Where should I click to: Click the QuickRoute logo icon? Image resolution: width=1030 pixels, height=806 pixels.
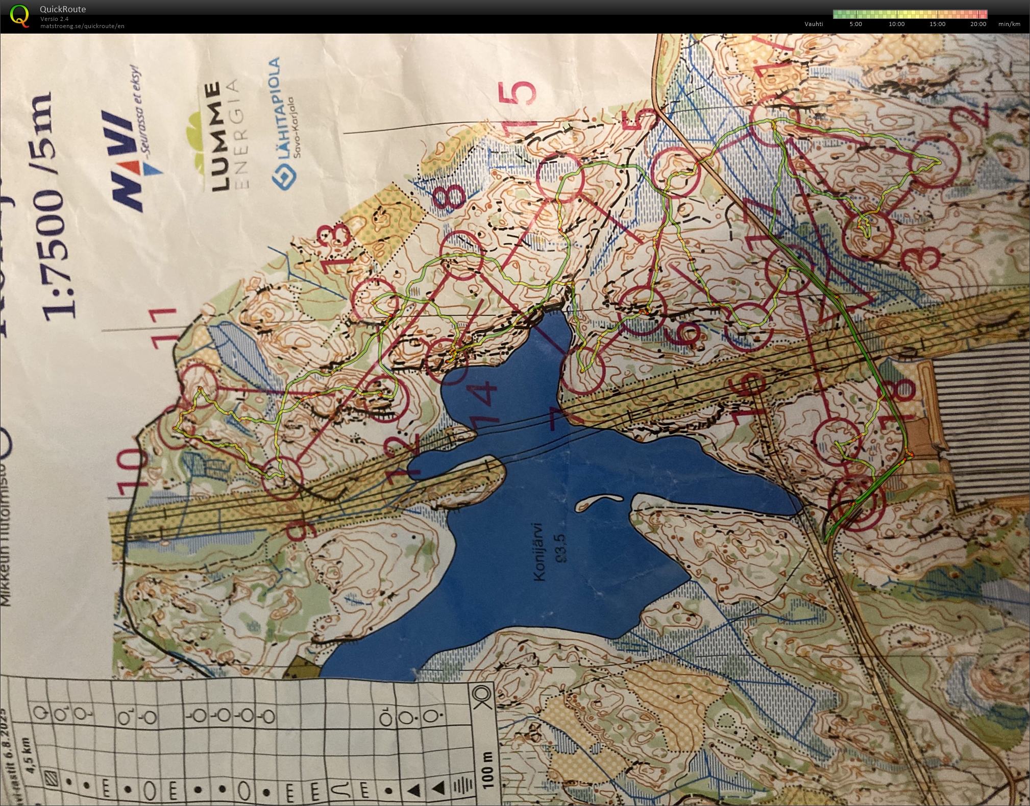click(x=19, y=15)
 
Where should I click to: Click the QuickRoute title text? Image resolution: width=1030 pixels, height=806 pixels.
click(x=63, y=9)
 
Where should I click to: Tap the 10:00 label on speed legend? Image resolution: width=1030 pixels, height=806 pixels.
click(x=896, y=24)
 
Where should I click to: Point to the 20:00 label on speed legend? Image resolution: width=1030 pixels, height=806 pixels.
click(x=978, y=24)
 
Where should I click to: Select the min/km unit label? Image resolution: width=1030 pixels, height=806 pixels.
click(x=1009, y=24)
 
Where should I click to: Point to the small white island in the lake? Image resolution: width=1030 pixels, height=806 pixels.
click(x=598, y=503)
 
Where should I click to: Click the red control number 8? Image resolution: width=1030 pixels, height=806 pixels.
click(x=449, y=197)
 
